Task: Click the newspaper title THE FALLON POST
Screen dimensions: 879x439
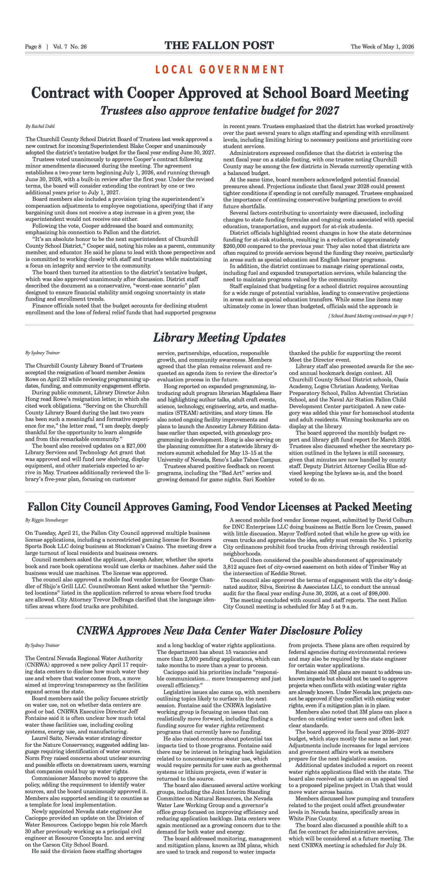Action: [219, 46]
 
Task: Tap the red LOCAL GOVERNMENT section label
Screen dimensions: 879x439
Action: [219, 70]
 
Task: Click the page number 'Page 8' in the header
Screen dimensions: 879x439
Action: [33, 47]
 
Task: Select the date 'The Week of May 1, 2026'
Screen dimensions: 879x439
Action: [382, 47]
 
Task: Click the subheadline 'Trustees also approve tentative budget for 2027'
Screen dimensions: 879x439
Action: [219, 111]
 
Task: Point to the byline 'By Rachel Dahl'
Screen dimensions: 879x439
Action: [40, 126]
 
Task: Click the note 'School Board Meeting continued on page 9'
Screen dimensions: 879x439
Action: [371, 316]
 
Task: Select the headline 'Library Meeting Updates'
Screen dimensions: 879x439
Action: [219, 338]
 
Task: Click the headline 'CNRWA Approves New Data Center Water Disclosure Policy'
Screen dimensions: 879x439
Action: [219, 630]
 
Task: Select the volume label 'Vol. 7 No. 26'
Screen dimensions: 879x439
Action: [70, 47]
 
